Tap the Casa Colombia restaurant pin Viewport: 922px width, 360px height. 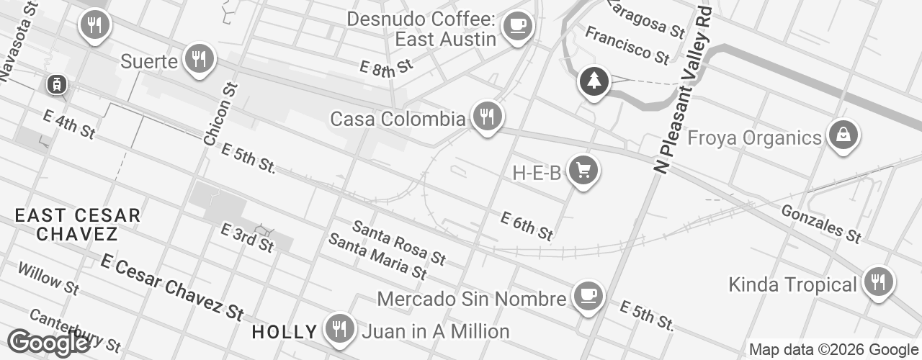[x=487, y=114]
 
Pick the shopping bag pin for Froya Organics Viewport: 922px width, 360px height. [x=841, y=134]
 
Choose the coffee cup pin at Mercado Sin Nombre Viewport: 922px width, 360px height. [x=588, y=294]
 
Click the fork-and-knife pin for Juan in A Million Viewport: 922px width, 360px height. [x=338, y=328]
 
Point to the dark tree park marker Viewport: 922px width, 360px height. [x=594, y=81]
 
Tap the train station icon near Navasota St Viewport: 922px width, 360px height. [x=56, y=84]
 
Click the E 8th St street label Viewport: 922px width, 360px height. [x=387, y=68]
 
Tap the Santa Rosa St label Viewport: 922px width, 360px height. [x=399, y=243]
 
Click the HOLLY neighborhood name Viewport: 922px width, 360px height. [x=285, y=332]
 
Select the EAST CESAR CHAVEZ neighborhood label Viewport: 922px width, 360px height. [x=78, y=224]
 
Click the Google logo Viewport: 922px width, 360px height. [x=49, y=343]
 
